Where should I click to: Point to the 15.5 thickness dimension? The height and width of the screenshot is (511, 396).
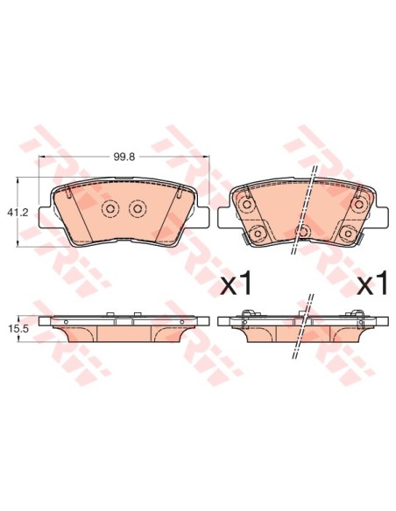pos(25,327)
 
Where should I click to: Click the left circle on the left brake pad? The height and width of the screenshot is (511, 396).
pos(110,209)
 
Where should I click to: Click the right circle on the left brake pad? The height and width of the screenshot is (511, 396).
pos(136,209)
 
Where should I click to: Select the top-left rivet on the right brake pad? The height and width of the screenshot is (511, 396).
pos(247,205)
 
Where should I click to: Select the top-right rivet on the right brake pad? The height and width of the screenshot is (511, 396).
pos(358,205)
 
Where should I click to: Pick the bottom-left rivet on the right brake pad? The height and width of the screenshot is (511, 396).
pos(257,233)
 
